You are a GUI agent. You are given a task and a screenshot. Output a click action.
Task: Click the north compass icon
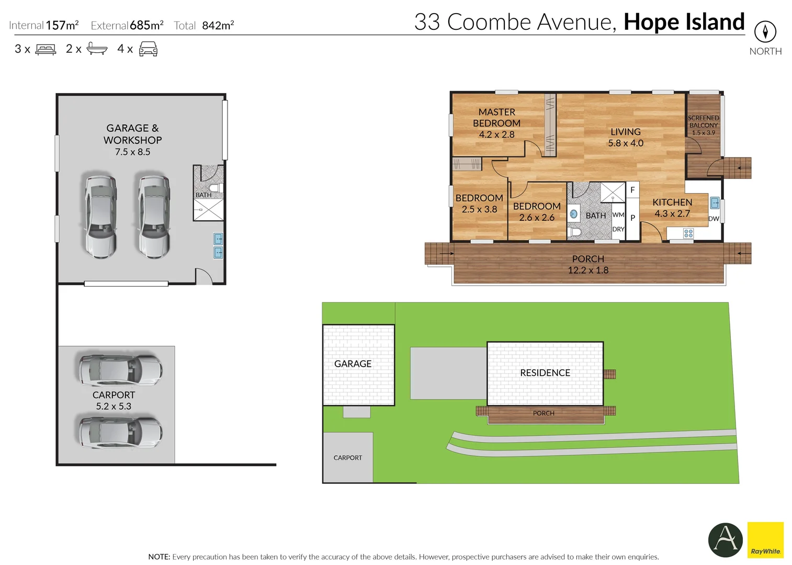tap(765, 32)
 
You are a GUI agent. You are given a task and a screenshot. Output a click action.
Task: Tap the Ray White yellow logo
tap(765, 540)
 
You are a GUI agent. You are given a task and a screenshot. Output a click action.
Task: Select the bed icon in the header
tap(46, 50)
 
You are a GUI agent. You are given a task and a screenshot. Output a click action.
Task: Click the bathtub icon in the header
tap(97, 49)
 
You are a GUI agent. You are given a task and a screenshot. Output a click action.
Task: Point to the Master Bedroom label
tap(496, 123)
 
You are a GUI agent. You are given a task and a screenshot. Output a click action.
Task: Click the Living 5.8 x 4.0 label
tap(625, 137)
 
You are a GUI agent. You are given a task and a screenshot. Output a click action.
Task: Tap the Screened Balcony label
tap(703, 125)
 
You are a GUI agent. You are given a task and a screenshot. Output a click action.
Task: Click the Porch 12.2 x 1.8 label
tap(588, 265)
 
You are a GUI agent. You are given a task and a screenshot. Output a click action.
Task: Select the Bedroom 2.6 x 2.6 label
tap(536, 212)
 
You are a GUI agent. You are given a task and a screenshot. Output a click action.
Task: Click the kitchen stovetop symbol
tap(688, 233)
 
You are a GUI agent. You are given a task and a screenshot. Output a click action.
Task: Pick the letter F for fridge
tap(632, 190)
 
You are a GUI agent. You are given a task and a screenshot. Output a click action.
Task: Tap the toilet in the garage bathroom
tap(215, 188)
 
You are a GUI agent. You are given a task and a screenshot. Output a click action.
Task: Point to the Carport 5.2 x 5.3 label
tap(114, 400)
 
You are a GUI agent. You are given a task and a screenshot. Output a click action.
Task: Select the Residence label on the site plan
tap(545, 372)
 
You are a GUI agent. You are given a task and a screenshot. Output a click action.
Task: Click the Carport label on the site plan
tap(347, 458)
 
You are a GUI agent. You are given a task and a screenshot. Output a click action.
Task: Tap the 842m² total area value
tap(218, 25)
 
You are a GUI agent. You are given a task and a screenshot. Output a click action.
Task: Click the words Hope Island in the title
tap(684, 22)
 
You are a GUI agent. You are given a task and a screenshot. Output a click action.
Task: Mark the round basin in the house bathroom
tap(574, 214)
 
